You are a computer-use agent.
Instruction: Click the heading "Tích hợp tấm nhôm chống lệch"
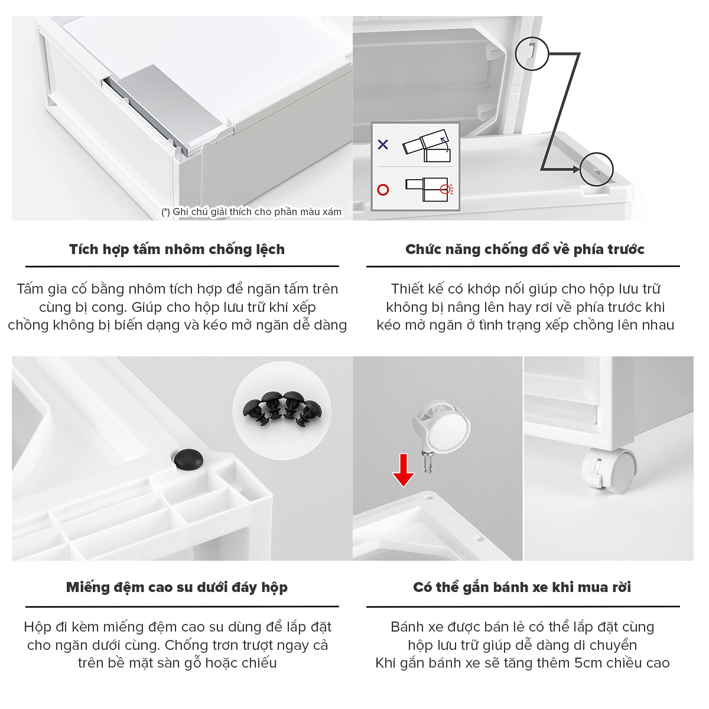tap(177, 249)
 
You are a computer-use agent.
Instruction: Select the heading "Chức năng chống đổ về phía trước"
tap(525, 249)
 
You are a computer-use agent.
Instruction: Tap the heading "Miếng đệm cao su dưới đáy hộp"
tap(177, 587)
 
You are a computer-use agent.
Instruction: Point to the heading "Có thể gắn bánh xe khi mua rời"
tap(522, 587)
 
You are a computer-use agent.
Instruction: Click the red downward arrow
tap(404, 470)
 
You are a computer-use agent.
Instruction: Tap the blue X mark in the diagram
tap(383, 144)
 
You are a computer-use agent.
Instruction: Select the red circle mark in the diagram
tap(383, 190)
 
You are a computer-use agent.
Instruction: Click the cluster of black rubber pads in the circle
tap(282, 408)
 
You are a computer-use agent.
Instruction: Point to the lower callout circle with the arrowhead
tap(596, 170)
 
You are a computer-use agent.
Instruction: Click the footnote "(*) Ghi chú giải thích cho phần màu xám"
tap(251, 212)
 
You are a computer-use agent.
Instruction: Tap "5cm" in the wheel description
tap(589, 663)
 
